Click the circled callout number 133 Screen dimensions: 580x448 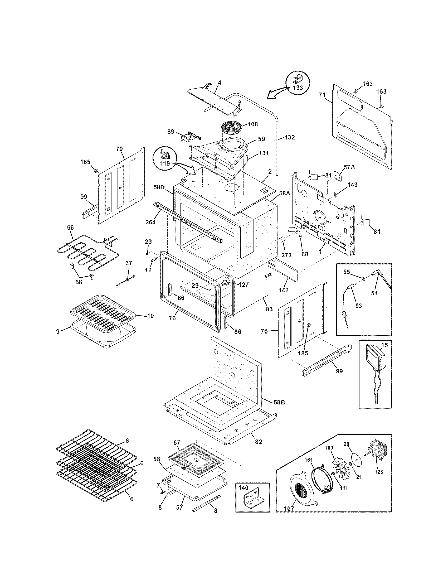[298, 88]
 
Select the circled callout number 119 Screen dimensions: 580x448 [165, 164]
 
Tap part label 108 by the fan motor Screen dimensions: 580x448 [253, 124]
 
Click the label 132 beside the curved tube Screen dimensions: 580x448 [290, 137]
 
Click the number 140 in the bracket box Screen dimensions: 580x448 [244, 487]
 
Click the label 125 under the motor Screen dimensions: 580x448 [379, 472]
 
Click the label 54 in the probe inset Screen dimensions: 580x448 [374, 293]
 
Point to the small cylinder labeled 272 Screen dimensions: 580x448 [281, 242]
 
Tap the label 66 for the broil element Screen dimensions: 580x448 [70, 228]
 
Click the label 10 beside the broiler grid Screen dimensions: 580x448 [150, 316]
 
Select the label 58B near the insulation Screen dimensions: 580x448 [279, 410]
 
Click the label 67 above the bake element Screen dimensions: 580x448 [177, 443]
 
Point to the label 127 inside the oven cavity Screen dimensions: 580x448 [243, 285]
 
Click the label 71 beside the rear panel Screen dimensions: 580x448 [322, 95]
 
